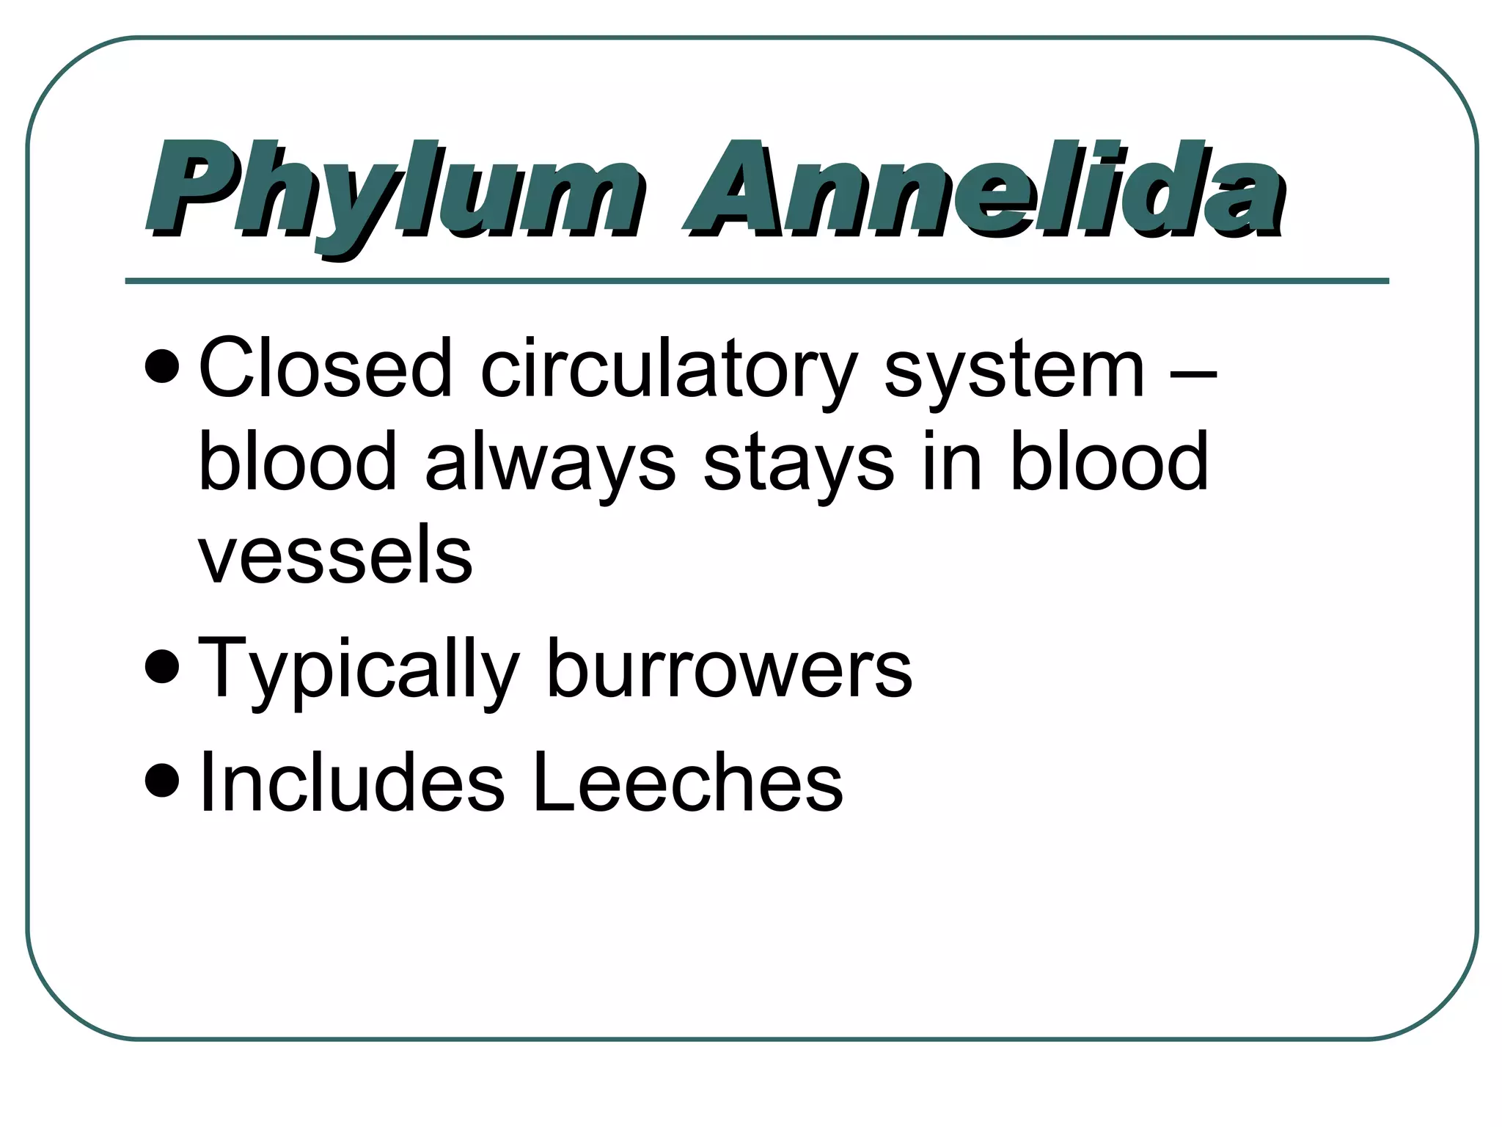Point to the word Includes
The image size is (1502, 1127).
352,782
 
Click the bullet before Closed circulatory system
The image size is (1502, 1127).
161,367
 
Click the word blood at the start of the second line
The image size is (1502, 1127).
297,462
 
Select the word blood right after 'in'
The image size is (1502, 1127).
1109,462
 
